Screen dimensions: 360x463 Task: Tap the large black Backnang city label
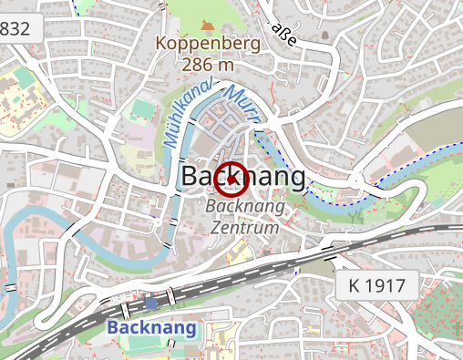[x=244, y=177]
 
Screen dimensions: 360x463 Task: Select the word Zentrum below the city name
[x=244, y=227]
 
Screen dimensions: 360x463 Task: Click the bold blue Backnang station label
[x=151, y=326]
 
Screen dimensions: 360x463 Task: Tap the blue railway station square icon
[x=151, y=302]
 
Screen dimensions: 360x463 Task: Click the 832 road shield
[x=15, y=28]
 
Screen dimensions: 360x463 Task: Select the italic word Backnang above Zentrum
[x=245, y=208]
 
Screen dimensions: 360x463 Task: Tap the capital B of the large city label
[x=191, y=177]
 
